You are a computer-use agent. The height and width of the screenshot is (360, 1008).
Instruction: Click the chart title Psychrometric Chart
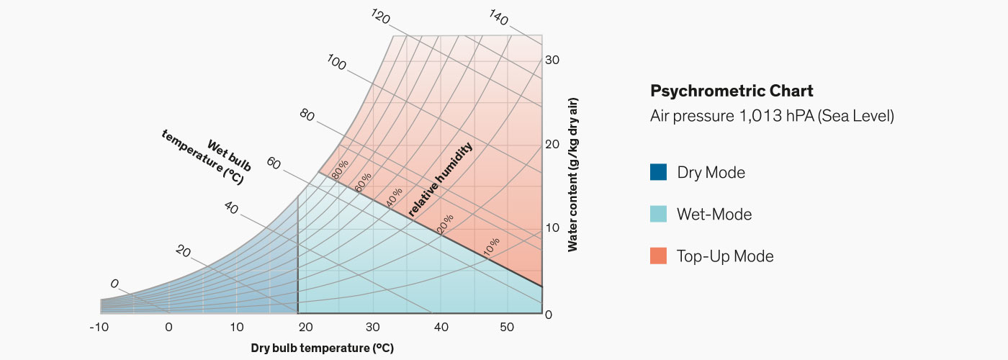[732, 91]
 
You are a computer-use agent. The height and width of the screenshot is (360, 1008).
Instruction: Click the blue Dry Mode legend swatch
[658, 173]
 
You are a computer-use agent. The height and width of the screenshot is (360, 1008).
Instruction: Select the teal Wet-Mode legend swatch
[658, 215]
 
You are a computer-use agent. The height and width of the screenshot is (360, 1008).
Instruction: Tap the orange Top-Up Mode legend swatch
[658, 256]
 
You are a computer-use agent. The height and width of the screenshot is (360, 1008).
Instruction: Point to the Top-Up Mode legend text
[725, 256]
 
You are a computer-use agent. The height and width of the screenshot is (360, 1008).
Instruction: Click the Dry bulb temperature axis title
[322, 348]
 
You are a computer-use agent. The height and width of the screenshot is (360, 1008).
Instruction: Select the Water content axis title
[573, 174]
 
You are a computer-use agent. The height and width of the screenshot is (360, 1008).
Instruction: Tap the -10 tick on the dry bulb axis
[99, 328]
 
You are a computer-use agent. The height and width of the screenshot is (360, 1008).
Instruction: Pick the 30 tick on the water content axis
[552, 60]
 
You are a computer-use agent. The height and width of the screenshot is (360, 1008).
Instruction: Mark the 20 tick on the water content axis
[552, 144]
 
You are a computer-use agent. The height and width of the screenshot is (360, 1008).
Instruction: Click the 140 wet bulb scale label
[499, 15]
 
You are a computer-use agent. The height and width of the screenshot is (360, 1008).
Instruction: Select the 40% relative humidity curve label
[394, 198]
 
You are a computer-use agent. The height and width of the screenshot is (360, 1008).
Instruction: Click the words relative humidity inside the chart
[441, 179]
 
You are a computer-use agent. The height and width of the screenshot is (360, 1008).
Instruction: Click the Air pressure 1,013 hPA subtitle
[772, 116]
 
